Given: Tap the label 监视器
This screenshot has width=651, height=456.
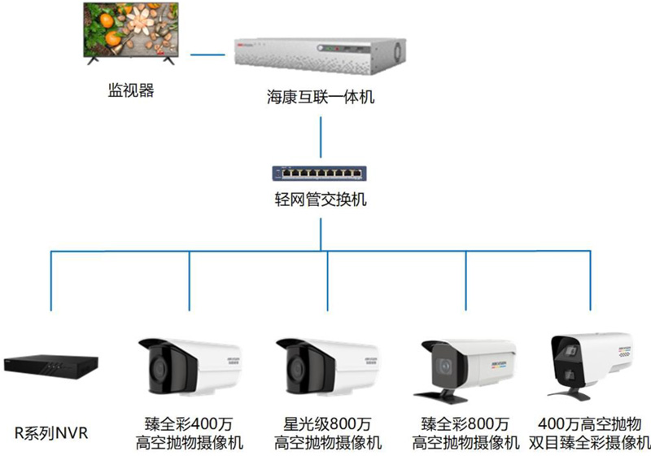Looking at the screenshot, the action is (131, 90).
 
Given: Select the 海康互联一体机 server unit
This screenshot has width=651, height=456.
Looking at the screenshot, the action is (320, 55).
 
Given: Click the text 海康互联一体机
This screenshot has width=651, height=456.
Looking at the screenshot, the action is (321, 97).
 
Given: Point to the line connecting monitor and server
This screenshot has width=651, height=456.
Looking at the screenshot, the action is (208, 55).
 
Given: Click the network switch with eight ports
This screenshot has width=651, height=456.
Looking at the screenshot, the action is (319, 173).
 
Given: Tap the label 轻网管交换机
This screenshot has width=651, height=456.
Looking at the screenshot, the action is (320, 199).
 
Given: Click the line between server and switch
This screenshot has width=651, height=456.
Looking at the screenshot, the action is (321, 137).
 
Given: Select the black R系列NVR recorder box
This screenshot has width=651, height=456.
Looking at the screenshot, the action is (50, 366).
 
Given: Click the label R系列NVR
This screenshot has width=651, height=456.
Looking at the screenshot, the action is (51, 433).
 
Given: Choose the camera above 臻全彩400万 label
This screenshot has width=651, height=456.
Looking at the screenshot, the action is (190, 367).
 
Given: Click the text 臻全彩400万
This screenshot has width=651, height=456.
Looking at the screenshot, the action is (189, 424).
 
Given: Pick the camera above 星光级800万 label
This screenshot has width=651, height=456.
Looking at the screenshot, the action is (328, 367).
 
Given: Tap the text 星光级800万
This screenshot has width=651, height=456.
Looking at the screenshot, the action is (327, 424).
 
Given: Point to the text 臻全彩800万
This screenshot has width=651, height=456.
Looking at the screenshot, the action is (465, 424).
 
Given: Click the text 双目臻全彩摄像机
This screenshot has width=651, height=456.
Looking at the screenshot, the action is (589, 443).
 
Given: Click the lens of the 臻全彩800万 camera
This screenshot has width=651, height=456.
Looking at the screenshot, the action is (444, 366).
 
